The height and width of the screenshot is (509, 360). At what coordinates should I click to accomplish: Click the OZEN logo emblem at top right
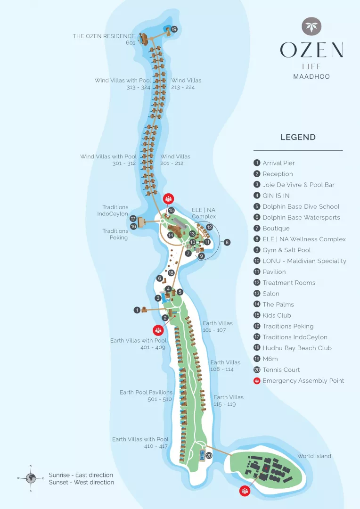pos(311,26)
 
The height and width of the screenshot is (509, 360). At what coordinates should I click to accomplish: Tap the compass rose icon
pos(31,478)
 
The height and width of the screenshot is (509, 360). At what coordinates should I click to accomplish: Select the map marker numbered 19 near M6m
pos(174,30)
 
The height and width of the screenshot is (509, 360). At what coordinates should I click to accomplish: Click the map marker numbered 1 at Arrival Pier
pos(137,310)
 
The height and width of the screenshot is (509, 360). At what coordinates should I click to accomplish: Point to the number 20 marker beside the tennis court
pos(209,456)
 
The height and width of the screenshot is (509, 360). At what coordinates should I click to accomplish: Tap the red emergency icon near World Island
pos(245,491)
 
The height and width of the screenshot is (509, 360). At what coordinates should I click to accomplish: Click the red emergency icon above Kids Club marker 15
pos(169,198)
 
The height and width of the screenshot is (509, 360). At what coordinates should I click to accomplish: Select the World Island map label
pos(314,456)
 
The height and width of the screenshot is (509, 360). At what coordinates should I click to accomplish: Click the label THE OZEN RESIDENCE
pos(104,36)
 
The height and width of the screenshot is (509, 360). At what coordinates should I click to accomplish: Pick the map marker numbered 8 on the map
pos(227,242)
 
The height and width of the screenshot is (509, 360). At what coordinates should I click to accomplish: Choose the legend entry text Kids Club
pos(277,315)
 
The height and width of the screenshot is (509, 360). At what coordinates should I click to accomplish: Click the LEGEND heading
pos(298,137)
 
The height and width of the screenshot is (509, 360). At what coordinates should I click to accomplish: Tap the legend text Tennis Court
pos(281,370)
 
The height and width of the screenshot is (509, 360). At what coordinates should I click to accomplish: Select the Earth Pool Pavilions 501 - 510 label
pos(146,396)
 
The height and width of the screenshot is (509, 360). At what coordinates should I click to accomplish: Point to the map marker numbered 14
pos(171,235)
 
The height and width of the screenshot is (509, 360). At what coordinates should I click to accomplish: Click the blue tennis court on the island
pos(202,455)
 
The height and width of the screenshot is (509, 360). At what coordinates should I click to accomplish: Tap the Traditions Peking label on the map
pos(115,234)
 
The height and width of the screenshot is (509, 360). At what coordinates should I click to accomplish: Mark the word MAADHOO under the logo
pos(311,77)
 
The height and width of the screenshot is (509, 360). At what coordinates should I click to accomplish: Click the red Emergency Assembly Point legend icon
pos(257,381)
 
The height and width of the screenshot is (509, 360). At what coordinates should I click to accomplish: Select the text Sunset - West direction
pos(82,483)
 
